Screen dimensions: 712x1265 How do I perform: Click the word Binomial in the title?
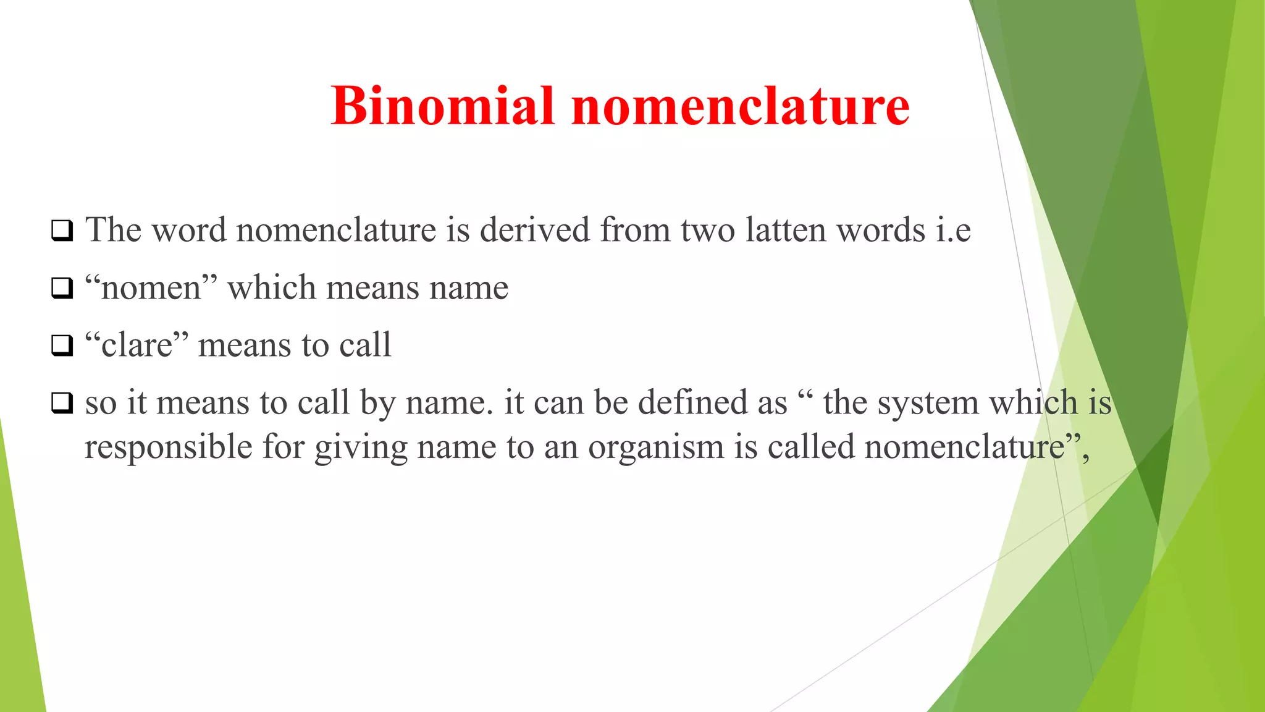point(442,106)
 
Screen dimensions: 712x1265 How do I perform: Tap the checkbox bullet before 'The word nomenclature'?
point(62,231)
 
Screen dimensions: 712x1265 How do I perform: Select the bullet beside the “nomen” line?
point(62,289)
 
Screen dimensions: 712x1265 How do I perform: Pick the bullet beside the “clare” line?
point(62,346)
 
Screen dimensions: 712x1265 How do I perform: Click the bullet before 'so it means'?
point(62,404)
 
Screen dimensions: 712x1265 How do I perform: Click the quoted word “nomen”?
point(151,288)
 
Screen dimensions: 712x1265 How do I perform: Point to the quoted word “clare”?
point(137,345)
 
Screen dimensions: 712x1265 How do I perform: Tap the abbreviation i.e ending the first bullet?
point(953,231)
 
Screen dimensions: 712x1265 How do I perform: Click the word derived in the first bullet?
point(535,230)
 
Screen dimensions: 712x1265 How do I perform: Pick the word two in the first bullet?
point(708,230)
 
